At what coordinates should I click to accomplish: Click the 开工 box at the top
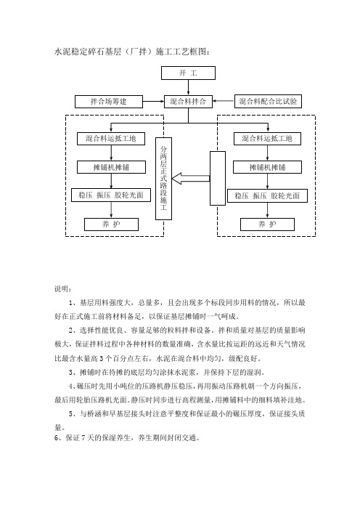(188, 73)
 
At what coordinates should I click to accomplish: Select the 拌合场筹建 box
(109, 102)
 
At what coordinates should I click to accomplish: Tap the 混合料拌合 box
(188, 102)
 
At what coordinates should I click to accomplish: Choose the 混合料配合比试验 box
(268, 102)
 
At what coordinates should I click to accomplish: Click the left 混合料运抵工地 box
(111, 139)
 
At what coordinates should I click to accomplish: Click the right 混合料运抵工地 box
(267, 139)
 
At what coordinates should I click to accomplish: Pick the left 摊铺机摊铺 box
(111, 167)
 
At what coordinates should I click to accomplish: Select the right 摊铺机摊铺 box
(267, 167)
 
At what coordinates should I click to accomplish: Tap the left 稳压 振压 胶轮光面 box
(111, 195)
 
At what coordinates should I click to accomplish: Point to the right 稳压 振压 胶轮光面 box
(267, 195)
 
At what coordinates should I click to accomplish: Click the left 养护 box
(112, 224)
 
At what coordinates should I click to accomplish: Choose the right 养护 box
(267, 224)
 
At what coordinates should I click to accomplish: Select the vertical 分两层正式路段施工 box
(163, 179)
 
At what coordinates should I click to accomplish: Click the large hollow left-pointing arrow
(191, 179)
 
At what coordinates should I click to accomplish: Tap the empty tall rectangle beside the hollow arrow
(217, 178)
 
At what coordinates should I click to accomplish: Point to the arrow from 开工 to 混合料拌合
(188, 87)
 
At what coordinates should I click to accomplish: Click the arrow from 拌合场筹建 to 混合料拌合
(154, 102)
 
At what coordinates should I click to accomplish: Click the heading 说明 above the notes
(62, 289)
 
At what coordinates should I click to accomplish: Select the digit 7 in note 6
(83, 438)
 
